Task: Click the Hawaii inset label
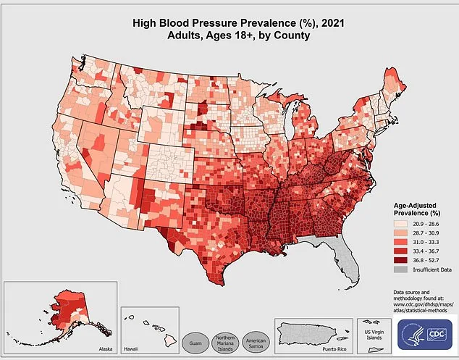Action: tap(130, 348)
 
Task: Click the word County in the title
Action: tap(292, 35)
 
